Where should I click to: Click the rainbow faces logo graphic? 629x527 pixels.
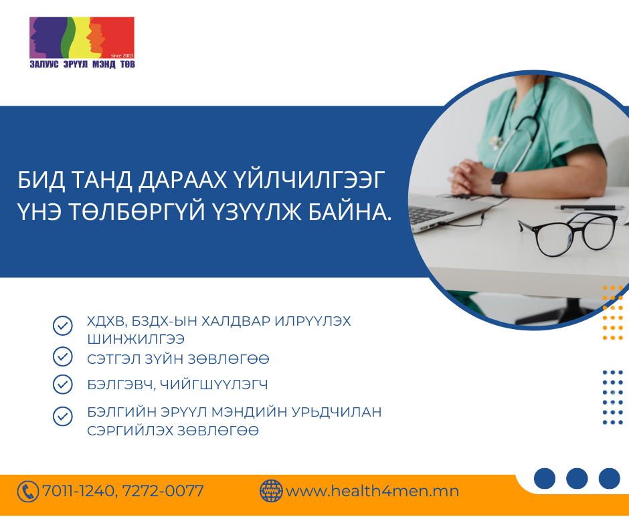82,37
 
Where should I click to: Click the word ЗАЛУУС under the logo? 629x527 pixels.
44,65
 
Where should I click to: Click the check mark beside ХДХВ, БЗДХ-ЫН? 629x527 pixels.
63,325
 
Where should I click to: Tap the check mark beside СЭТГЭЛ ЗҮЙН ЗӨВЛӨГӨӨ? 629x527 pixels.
63,356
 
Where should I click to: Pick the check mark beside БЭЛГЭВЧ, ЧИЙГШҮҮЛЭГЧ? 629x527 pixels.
63,385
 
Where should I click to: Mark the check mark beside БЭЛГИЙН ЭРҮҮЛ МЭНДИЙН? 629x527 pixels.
63,416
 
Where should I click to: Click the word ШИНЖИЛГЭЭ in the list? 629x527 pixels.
136,339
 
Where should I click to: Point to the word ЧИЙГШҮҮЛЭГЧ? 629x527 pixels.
214,385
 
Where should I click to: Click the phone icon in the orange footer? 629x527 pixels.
27,492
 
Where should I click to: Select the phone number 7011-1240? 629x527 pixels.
78,492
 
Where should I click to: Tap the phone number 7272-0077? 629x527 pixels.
163,492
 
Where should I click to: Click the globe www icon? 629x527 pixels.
271,491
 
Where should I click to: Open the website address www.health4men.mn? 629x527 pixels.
372,491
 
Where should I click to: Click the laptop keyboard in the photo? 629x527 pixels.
430,213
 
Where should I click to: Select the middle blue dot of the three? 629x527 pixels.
577,478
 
